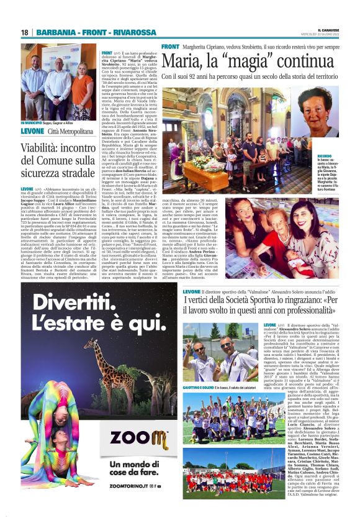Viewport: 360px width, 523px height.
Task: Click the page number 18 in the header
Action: [25, 32]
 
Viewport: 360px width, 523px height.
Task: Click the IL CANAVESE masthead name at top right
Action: [328, 29]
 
